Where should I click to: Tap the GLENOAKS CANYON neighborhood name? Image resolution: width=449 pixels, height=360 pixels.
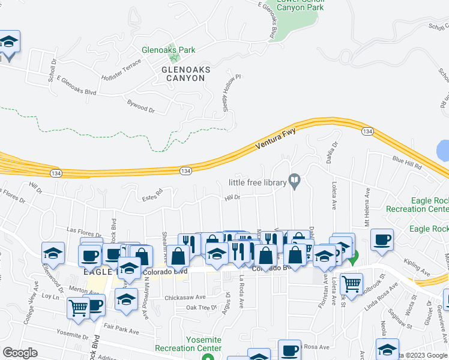[x=186, y=74]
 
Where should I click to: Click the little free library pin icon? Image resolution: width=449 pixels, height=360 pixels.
[x=295, y=180]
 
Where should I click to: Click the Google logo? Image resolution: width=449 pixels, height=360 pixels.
[x=20, y=353]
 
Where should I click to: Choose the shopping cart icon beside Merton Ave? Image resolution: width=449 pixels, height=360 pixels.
[x=79, y=307]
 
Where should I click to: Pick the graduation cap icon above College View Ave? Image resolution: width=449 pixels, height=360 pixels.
[x=53, y=253]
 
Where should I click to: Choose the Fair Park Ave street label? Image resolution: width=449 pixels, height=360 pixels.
[x=121, y=329]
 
